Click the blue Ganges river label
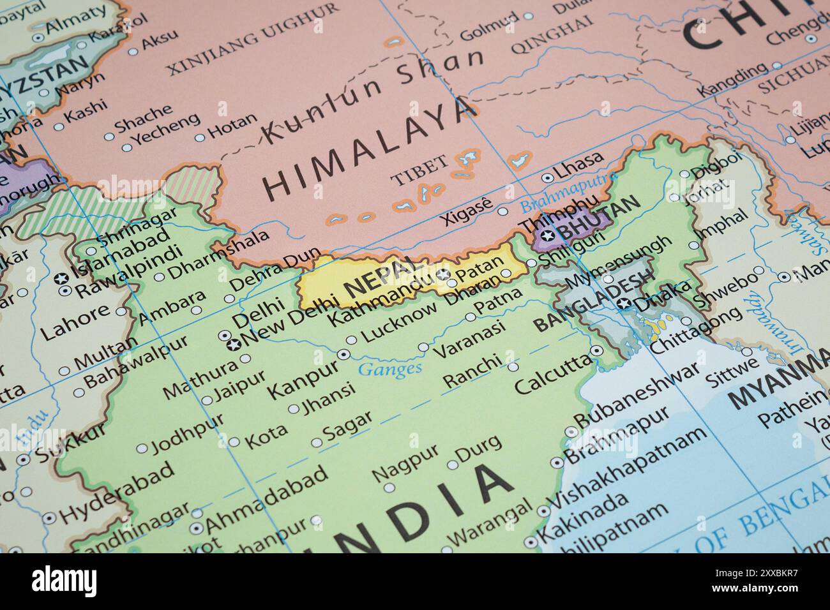390,368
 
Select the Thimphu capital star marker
547,236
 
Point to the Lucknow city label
400,323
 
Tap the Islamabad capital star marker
62,278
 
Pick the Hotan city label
232,128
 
